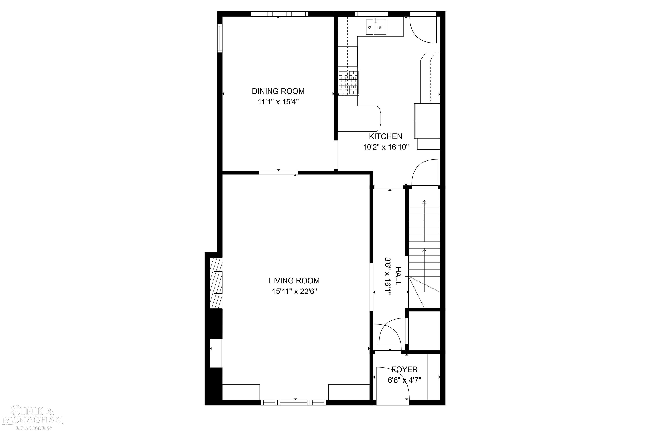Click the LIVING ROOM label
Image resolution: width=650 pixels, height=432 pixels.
coord(294,281)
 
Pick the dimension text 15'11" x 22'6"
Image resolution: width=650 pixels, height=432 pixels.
coord(294,292)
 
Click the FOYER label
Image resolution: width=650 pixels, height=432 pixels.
coord(404,369)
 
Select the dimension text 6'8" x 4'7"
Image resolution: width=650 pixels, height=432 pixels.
coord(404,380)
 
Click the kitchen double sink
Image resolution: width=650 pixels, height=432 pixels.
coord(376,27)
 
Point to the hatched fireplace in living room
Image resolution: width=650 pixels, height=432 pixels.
coord(216,283)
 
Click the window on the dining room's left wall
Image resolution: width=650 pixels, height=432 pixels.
coord(220,38)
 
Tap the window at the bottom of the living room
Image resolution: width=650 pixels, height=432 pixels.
coord(293,403)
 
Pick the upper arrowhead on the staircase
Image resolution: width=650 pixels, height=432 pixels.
coord(424,202)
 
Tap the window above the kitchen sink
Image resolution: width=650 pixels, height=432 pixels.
coord(371,14)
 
